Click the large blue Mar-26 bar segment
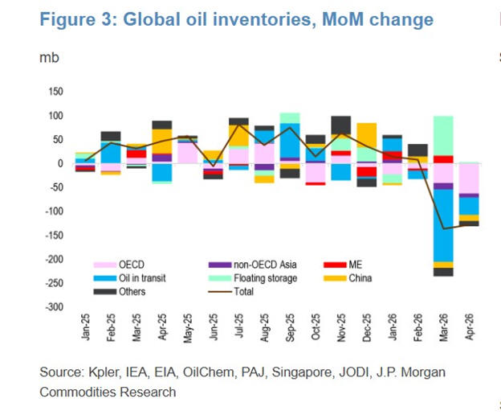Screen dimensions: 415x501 (442, 225)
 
